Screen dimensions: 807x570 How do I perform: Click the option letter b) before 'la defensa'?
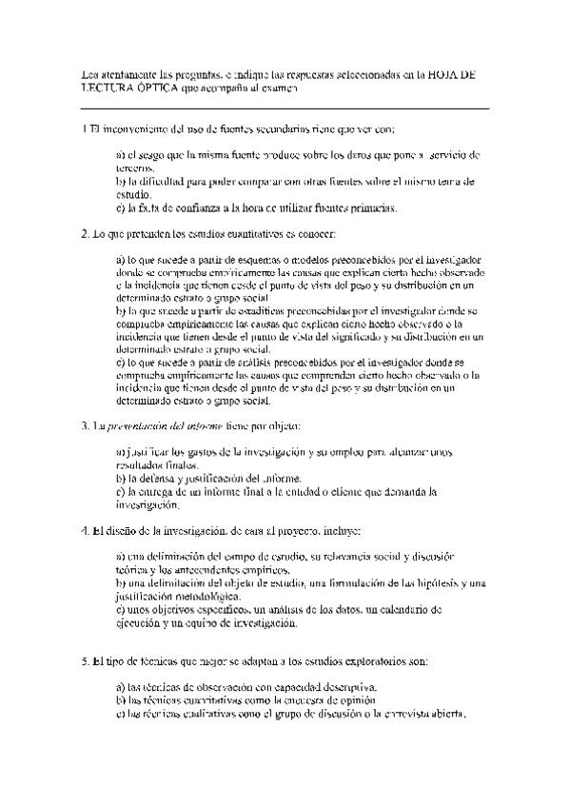121,478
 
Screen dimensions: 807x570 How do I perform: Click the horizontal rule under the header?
285,108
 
